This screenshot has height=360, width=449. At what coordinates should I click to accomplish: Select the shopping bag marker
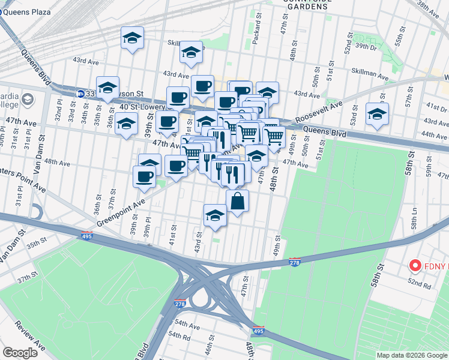[x=238, y=202]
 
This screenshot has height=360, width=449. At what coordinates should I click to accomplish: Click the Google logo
[x=20, y=352]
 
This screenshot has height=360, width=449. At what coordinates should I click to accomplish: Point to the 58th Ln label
[x=415, y=222]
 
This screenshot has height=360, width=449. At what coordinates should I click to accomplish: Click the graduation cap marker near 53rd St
[x=376, y=115]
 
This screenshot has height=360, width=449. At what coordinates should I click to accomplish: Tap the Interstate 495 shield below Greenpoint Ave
[x=87, y=236]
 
